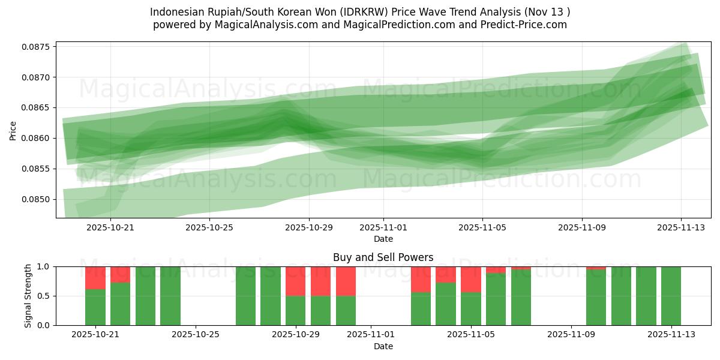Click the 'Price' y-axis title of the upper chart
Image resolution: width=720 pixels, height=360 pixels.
tap(13, 130)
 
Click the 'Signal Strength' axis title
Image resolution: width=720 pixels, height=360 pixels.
tap(28, 296)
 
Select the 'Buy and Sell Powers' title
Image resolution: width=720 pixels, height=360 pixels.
tap(383, 257)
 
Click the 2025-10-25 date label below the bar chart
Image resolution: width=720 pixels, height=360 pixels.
tap(196, 334)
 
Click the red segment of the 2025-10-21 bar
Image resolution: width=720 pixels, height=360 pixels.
tap(95, 278)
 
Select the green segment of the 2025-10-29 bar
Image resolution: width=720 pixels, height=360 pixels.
tap(295, 310)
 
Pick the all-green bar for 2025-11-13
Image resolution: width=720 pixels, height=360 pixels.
tap(671, 296)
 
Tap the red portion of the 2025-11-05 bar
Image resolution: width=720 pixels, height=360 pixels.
tap(470, 279)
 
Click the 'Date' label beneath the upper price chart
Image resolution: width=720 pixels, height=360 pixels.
tap(383, 239)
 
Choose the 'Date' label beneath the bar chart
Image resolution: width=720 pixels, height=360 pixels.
tap(383, 346)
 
